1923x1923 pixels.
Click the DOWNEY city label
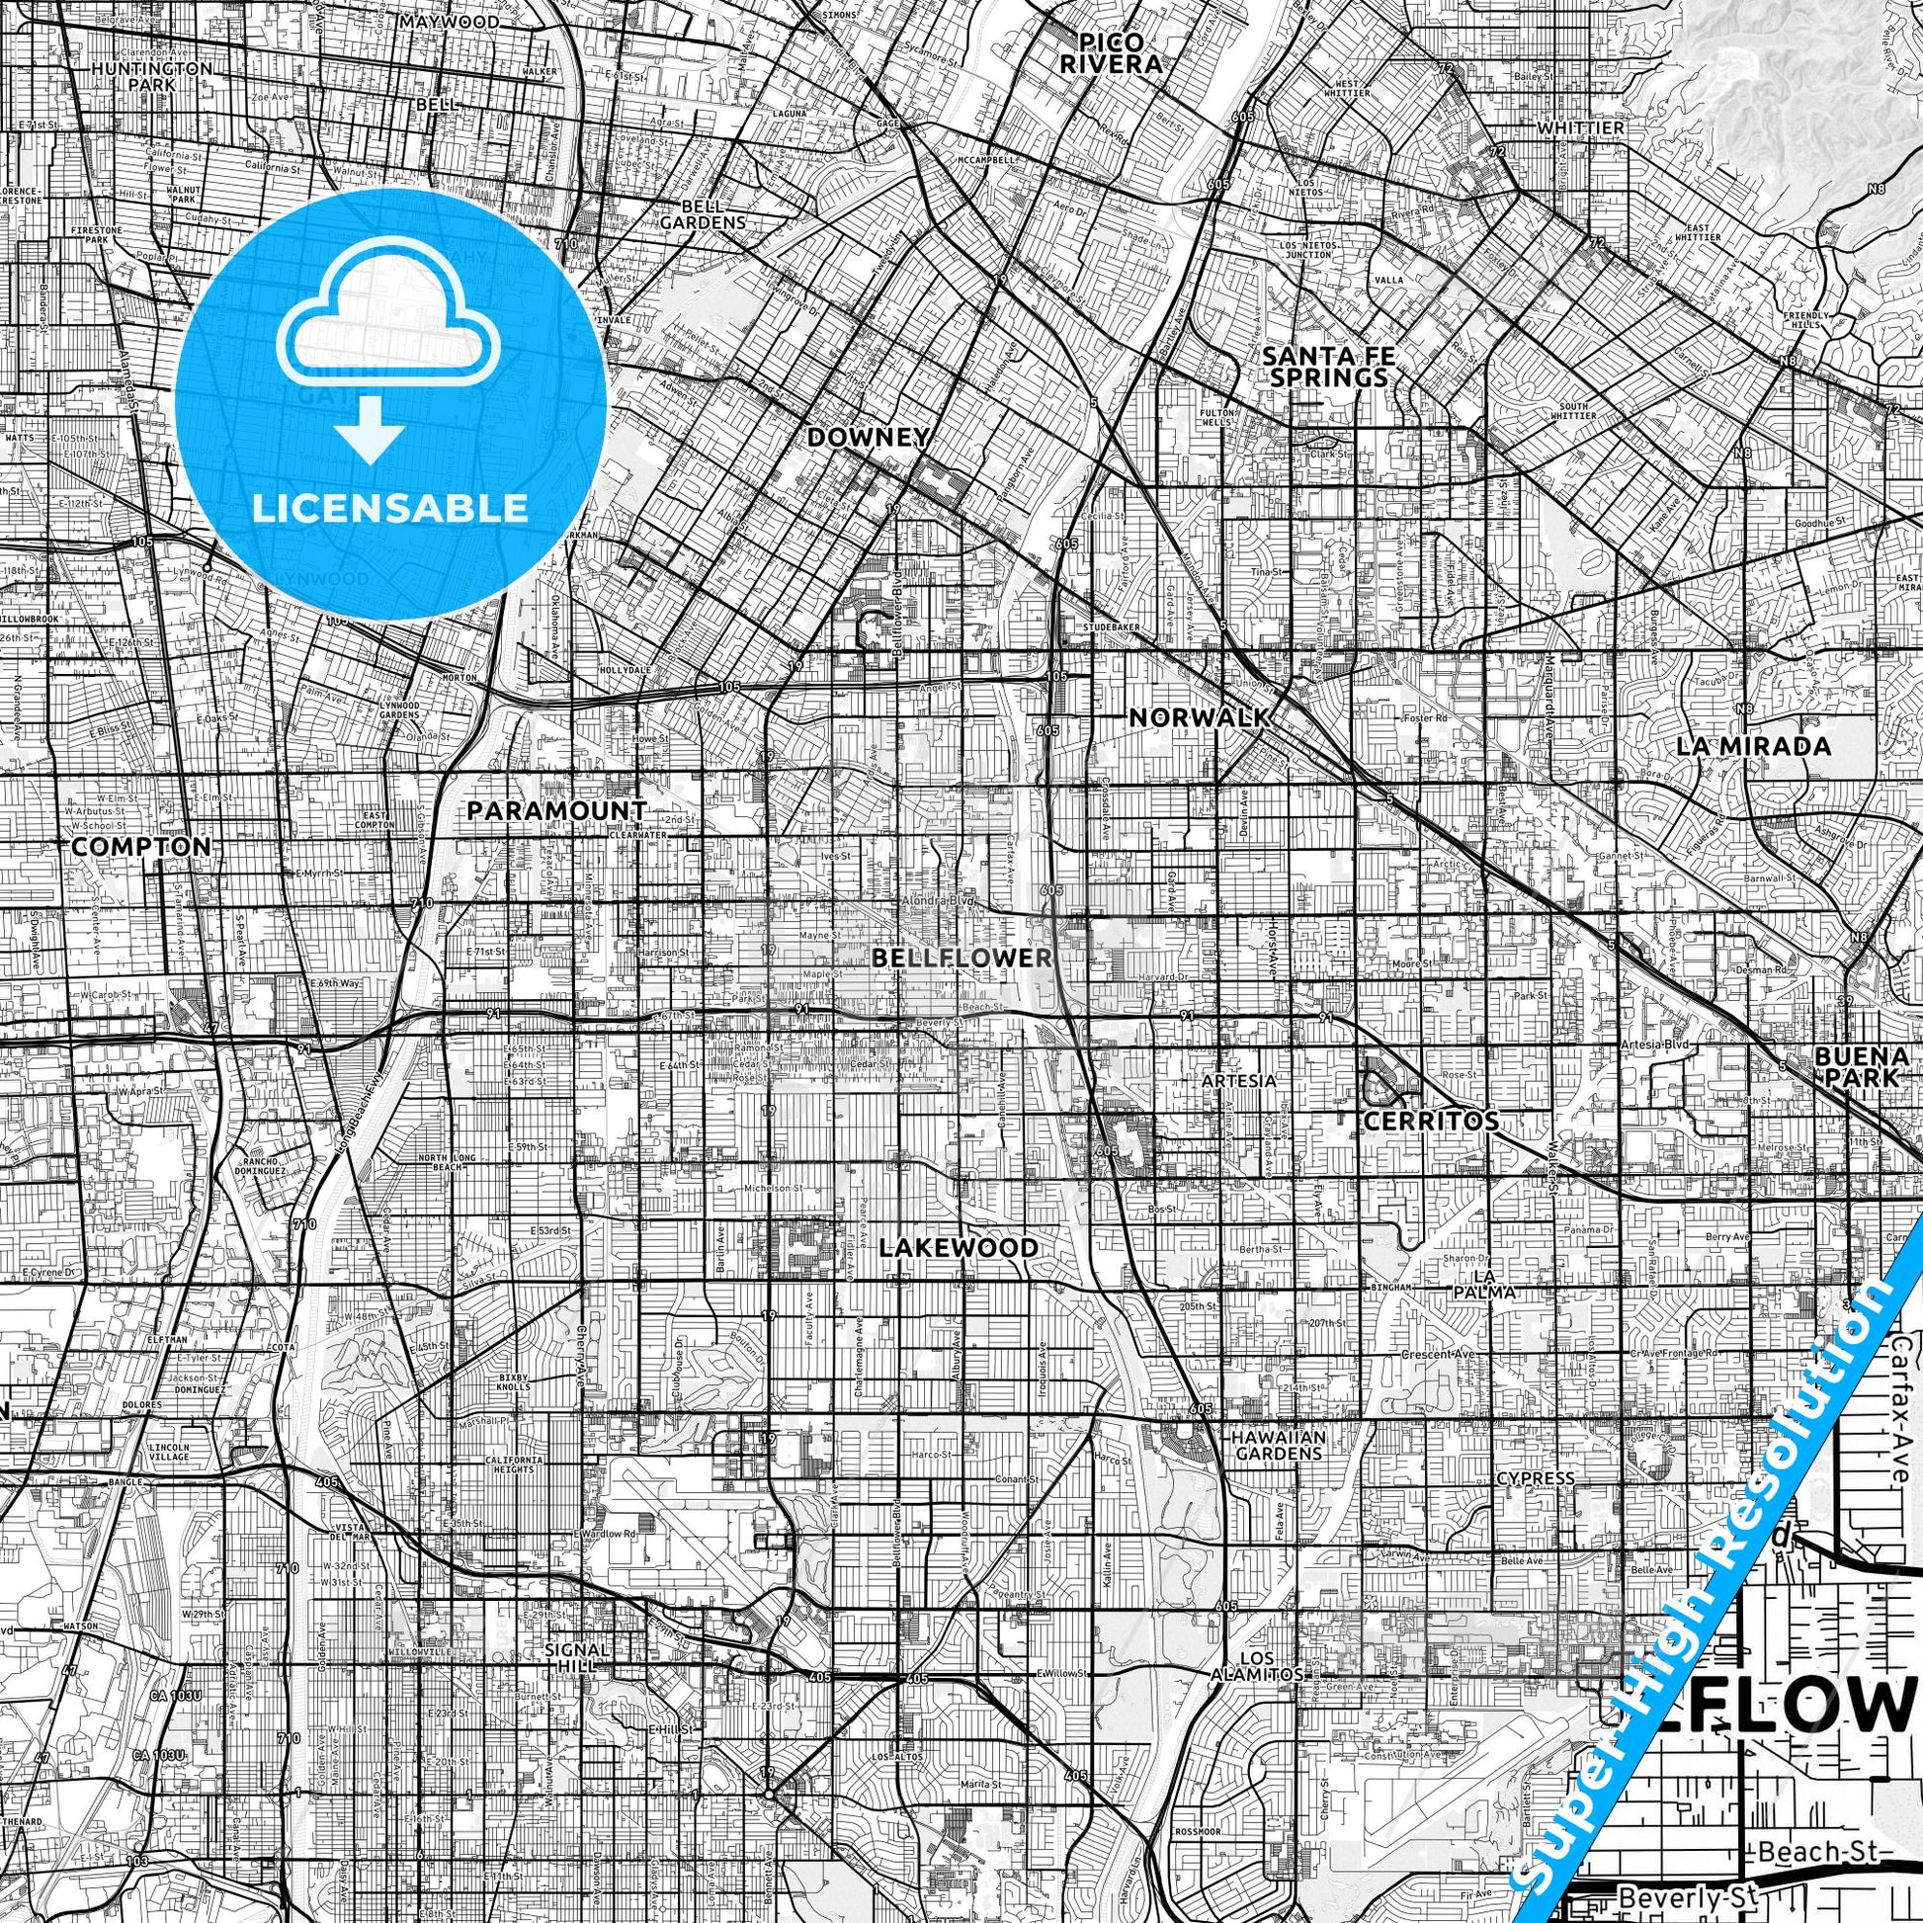point(869,437)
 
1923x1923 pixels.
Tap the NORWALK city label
point(1199,716)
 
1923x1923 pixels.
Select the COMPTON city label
point(141,845)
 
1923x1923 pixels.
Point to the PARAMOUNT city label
point(556,810)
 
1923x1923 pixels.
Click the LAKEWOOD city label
point(960,1247)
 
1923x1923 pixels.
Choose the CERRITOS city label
point(1430,1120)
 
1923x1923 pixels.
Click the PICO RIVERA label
point(1124,52)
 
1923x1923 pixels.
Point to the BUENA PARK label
point(1859,1066)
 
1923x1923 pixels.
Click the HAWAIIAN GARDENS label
point(1278,1446)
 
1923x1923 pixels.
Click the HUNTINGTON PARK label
point(151,77)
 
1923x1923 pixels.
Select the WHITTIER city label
point(1579,128)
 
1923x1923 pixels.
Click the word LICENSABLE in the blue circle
point(390,508)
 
